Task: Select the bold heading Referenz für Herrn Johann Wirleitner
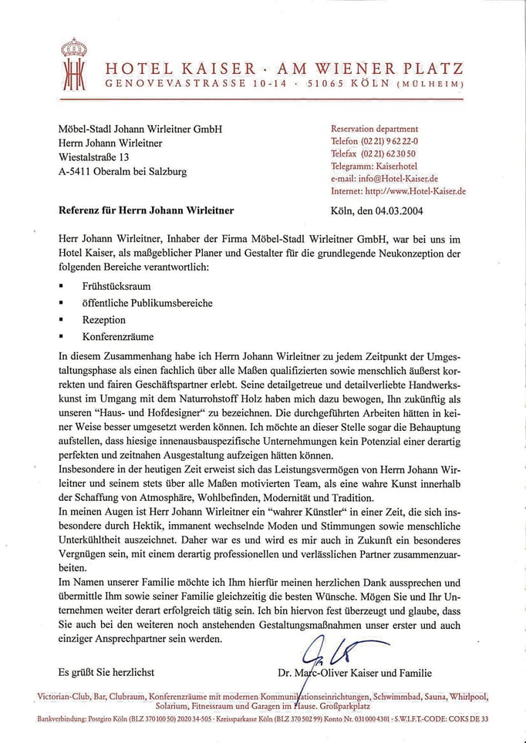click(147, 210)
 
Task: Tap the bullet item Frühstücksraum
click(116, 286)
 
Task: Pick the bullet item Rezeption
click(103, 320)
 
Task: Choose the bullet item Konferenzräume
click(118, 337)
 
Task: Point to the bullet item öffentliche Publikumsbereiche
click(147, 303)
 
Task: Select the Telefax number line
click(373, 153)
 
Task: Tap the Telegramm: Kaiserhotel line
click(374, 166)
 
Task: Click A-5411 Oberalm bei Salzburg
click(123, 172)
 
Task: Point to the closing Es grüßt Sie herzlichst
click(106, 673)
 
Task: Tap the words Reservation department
click(374, 129)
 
